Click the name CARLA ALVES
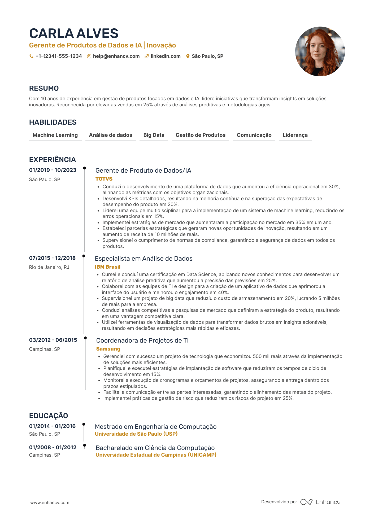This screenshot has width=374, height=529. coord(74,33)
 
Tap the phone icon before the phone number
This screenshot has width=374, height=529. coord(31,56)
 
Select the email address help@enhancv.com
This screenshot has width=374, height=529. coord(116,56)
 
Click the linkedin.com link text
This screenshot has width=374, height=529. coord(166,56)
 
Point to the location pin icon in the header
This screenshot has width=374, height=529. coord(188,56)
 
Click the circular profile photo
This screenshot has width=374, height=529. coord(320,51)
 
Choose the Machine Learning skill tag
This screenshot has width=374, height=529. coord(55,135)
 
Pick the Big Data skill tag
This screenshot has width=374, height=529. coord(154,135)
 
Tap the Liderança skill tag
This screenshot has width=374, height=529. coord(295,135)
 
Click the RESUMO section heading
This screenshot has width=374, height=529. coord(44,88)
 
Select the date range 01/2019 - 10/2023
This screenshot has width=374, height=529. coord(53,170)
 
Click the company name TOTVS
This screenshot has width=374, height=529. coord(104,179)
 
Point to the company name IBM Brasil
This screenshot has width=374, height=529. coord(108,267)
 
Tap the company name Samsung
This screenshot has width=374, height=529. coord(108,349)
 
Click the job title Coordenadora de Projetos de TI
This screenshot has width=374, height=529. coord(142,340)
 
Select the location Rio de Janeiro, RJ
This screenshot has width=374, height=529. coord(49,267)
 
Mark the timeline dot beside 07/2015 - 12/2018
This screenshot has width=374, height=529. coord(84,256)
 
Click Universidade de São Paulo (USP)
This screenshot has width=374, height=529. coord(136,434)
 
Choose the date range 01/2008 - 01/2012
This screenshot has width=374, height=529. coord(53,447)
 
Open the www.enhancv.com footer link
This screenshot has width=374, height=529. coord(50,502)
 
